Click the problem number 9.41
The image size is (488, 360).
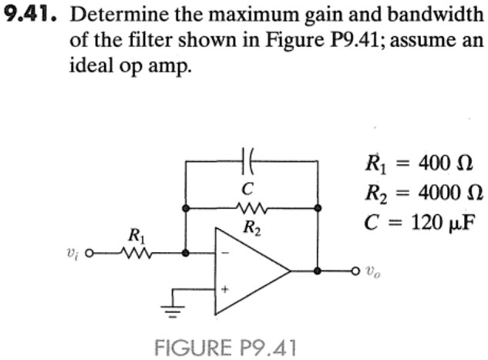[29, 15]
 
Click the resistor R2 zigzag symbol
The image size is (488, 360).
[251, 208]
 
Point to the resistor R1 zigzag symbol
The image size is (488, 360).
[136, 253]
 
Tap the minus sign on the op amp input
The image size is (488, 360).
[227, 253]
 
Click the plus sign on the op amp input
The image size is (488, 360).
[224, 289]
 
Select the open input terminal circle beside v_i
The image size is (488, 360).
[89, 253]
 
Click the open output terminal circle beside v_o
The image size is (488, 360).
[355, 271]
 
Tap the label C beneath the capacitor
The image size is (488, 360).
[247, 189]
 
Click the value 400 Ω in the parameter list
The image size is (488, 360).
[446, 163]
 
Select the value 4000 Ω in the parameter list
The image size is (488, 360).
[451, 193]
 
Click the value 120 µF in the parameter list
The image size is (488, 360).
[444, 223]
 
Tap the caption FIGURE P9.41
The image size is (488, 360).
[224, 347]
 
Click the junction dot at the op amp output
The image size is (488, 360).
[318, 271]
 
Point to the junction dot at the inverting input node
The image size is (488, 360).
[186, 253]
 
